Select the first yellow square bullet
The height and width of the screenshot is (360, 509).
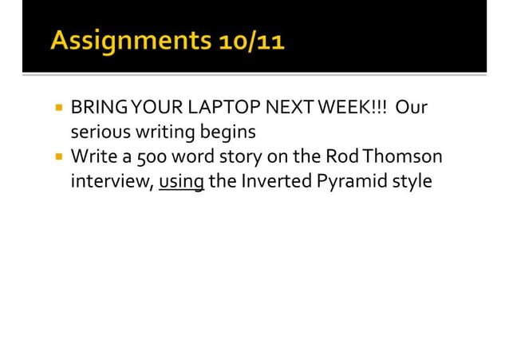click(59, 106)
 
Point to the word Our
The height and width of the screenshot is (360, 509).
click(412, 106)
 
